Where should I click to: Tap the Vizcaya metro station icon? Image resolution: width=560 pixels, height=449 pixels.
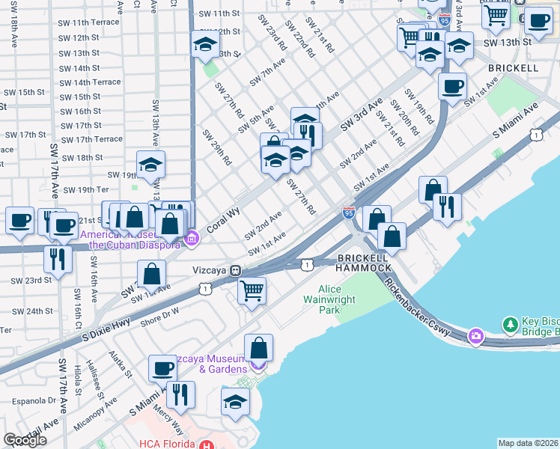[235, 270]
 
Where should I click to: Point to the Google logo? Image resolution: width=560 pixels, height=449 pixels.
[25, 440]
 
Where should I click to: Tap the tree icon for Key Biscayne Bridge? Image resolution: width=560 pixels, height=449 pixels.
[511, 325]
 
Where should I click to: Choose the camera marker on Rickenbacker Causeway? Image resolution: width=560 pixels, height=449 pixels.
[475, 337]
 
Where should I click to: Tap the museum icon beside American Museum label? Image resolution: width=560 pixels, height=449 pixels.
[192, 239]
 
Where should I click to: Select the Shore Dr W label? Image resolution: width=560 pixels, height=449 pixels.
[159, 315]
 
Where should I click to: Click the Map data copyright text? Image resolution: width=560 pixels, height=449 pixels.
[529, 443]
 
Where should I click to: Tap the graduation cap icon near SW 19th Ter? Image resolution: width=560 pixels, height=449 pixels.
[150, 165]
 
